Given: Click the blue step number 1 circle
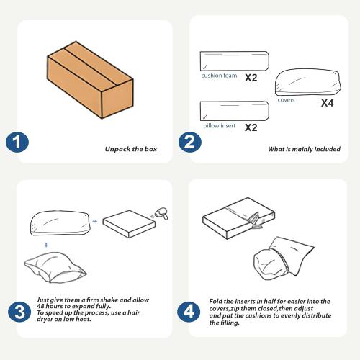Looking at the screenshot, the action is point(17,142).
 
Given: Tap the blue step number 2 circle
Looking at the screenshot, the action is point(189,142).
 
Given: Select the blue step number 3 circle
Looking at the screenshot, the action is point(19,312).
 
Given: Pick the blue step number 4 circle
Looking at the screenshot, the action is point(189,312).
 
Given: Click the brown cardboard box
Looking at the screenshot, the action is point(90,80).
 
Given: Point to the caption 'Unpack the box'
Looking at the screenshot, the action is point(131,149).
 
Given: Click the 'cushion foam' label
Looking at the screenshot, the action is point(219,76).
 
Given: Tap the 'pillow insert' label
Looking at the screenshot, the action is point(220,125).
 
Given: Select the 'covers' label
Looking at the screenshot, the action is point(286,100).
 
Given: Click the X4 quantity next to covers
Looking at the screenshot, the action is point(328,103).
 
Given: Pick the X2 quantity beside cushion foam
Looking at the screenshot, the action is point(251,78).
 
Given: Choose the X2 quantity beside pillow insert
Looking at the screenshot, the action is point(251,127).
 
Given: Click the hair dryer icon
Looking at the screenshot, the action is point(161,213).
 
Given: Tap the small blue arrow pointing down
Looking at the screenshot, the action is point(46,245).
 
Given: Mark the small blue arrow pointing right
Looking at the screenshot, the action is point(95,221).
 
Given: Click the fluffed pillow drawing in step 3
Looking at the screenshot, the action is point(55,267).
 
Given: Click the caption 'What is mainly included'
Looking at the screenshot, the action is point(304,149).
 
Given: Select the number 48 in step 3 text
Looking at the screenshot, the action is point(41,306).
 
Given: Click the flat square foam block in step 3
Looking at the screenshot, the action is point(129,224).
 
